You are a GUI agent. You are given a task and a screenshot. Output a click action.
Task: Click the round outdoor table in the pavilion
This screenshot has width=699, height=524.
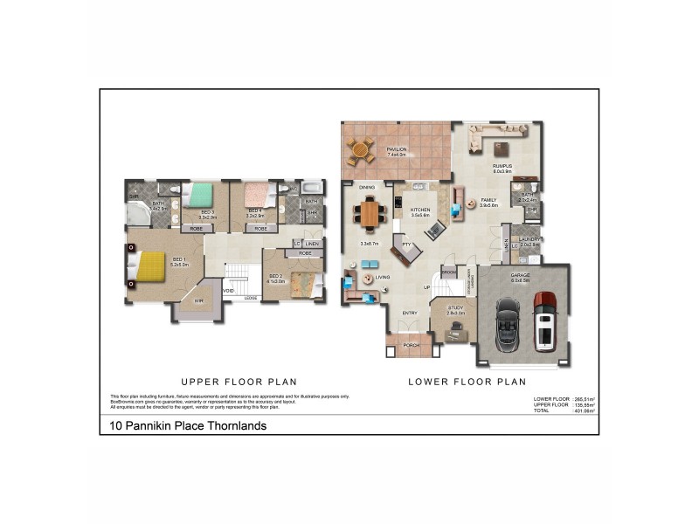tap(359, 151)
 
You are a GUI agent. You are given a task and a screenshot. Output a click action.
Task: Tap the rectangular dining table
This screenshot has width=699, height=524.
tap(371, 212)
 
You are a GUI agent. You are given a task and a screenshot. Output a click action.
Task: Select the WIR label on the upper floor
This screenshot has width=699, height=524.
tap(198, 300)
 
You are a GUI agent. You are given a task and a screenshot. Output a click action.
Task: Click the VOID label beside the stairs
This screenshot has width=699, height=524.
tap(228, 291)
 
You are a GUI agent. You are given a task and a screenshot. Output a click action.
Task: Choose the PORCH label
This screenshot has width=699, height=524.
tap(411, 345)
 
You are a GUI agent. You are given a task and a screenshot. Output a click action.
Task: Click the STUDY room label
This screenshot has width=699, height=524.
tap(455, 308)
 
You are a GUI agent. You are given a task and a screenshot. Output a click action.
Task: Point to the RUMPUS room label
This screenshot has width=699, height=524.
tap(502, 165)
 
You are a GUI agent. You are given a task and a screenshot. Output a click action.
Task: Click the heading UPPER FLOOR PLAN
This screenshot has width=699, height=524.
tap(239, 382)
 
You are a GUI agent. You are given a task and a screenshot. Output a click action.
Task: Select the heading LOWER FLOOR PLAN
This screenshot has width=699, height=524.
tap(467, 382)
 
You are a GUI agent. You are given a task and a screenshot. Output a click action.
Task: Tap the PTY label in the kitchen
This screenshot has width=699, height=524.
tap(406, 245)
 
